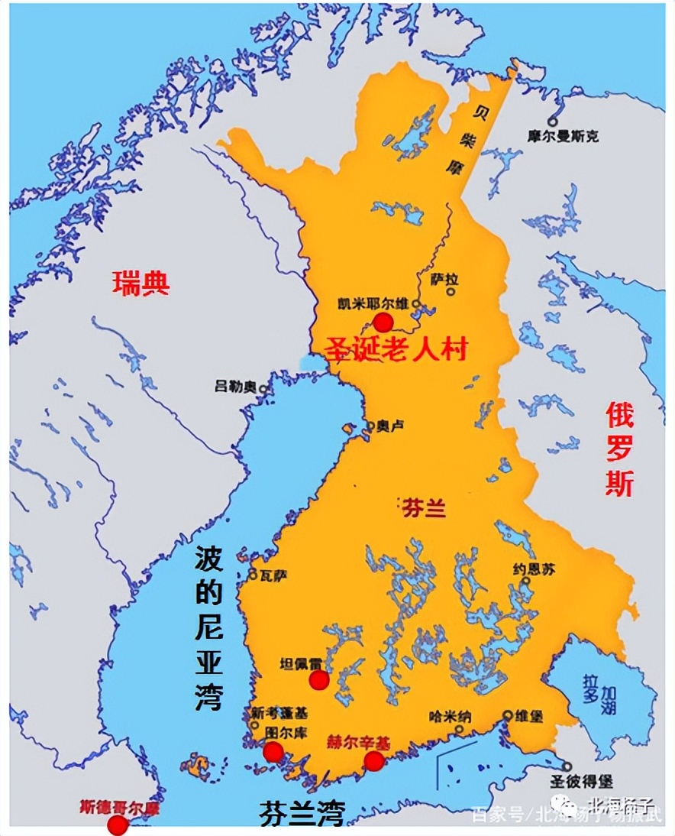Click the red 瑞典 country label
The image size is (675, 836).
pos(140,284)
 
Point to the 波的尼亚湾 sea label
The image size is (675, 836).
pos(208,628)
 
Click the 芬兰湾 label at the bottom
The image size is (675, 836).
pos(302,811)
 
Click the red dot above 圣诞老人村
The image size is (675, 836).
pos(383,322)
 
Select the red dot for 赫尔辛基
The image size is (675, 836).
pos(373,760)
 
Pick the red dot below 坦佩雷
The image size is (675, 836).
pos(319,680)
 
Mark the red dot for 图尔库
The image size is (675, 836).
pos(273,752)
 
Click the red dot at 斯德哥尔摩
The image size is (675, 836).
pos(117,825)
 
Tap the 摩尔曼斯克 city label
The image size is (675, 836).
pos(563,136)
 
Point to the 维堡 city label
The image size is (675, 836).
pos(528,716)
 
